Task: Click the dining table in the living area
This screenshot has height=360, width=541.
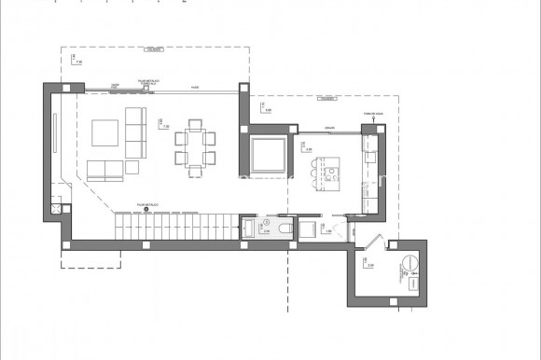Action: pyautogui.click(x=196, y=146)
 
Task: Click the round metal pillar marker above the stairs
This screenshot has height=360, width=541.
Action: pyautogui.click(x=146, y=209)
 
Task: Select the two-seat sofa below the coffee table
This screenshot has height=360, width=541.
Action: pyautogui.click(x=104, y=170)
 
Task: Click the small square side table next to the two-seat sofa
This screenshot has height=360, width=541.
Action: pyautogui.click(x=129, y=169)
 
